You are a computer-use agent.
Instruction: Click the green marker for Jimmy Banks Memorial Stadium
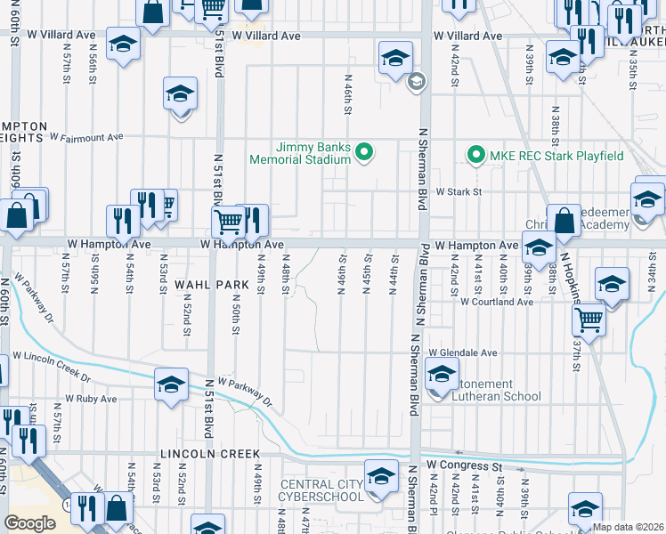tap(363, 153)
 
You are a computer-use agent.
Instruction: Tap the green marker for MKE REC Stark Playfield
tap(475, 155)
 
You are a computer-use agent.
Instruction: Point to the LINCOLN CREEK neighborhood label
tap(210, 453)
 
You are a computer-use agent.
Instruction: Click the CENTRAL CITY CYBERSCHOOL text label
tap(322, 490)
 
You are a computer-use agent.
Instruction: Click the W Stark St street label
tap(458, 191)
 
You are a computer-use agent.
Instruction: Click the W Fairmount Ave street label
tap(86, 138)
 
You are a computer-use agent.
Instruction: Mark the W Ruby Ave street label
tap(91, 400)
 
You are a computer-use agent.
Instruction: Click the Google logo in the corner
tap(29, 522)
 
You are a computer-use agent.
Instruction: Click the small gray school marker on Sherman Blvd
tap(415, 83)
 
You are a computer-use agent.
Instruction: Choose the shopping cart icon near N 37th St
tap(589, 317)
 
